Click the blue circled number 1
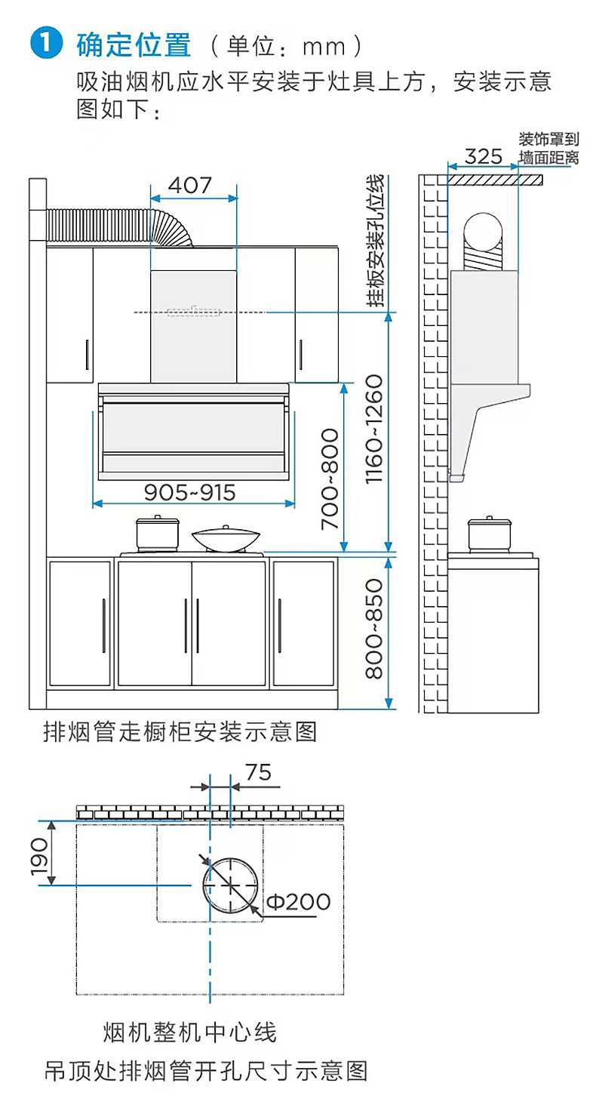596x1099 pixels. tap(46, 43)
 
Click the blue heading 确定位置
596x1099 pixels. tap(134, 45)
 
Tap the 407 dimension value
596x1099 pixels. tap(190, 185)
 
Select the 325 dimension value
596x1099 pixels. tap(483, 156)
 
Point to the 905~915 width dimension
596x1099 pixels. tap(189, 492)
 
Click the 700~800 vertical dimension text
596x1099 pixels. tap(330, 479)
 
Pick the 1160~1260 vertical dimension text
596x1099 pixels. tap(373, 429)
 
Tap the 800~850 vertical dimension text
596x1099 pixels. tap(373, 629)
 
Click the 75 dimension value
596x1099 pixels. tap(258, 773)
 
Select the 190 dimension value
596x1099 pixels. tap(39, 857)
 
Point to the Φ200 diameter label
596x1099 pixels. tap(299, 902)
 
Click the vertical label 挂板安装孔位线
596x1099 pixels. tap(375, 240)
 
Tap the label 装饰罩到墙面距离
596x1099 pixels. tap(549, 148)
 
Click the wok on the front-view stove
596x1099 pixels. tap(225, 539)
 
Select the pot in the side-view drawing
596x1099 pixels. tap(489, 534)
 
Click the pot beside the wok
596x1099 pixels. tap(157, 534)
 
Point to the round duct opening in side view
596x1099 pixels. tap(483, 232)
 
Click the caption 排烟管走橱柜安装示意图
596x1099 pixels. tap(180, 732)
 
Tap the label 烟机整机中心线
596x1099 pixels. tap(190, 1033)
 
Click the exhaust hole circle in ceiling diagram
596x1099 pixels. tap(231, 885)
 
